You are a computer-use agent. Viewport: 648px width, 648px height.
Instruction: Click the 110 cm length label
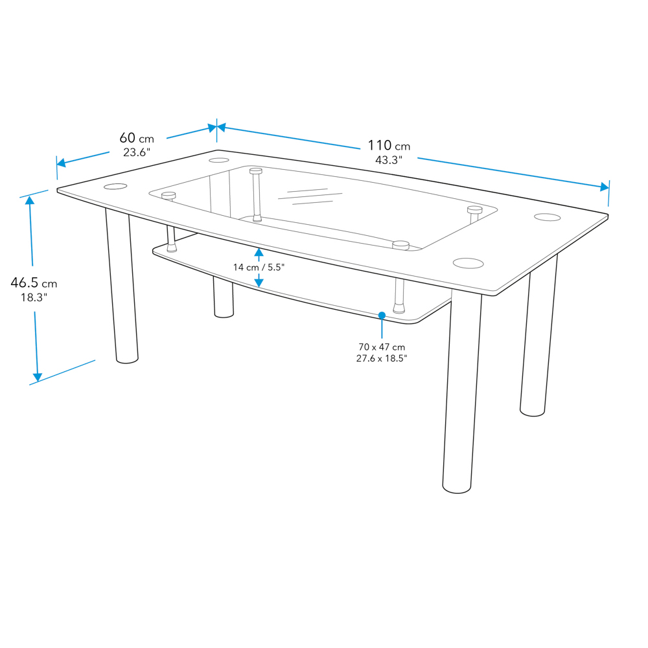pyautogui.click(x=389, y=146)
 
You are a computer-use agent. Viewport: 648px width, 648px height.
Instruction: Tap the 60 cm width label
pyautogui.click(x=136, y=138)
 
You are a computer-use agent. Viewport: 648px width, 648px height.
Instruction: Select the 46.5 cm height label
pyautogui.click(x=34, y=283)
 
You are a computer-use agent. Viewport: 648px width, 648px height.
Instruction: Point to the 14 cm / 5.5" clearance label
pyautogui.click(x=259, y=268)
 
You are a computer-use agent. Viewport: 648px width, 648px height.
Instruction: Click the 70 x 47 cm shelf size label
pyautogui.click(x=382, y=347)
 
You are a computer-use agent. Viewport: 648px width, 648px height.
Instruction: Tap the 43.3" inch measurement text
pyautogui.click(x=388, y=160)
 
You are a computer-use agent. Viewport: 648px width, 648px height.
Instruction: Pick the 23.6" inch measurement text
pyautogui.click(x=137, y=152)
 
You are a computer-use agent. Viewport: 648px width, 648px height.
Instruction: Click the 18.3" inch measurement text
pyautogui.click(x=34, y=297)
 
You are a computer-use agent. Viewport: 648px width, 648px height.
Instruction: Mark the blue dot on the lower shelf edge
pyautogui.click(x=382, y=316)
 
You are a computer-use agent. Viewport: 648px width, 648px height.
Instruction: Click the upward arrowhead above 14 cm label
pyautogui.click(x=259, y=252)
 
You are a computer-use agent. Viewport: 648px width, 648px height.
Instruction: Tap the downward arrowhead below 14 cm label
pyautogui.click(x=259, y=283)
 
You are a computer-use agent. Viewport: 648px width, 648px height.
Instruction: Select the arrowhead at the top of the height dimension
pyautogui.click(x=30, y=200)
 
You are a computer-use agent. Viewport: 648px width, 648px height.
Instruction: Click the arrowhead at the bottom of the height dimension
pyautogui.click(x=37, y=377)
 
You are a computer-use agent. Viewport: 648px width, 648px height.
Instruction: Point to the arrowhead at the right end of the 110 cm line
pyautogui.click(x=605, y=187)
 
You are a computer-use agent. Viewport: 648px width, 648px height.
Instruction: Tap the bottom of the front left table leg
pyautogui.click(x=127, y=360)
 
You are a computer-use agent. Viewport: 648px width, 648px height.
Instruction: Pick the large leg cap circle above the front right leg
pyautogui.click(x=469, y=263)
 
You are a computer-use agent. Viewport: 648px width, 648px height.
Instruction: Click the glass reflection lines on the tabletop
pyautogui.click(x=310, y=196)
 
